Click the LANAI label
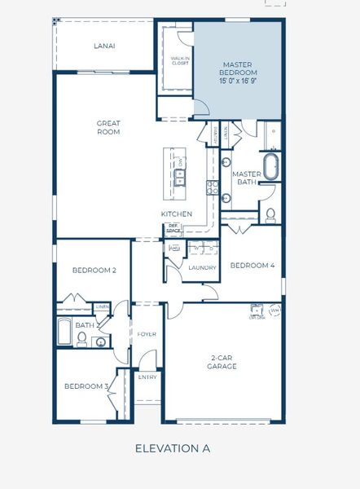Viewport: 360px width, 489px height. coord(103,46)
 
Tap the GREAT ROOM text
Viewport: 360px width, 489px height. coord(108,126)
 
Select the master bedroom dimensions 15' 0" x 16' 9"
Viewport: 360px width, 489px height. coord(238,81)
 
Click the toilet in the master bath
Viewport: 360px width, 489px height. coord(270,214)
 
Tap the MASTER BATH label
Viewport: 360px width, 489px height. coord(246,178)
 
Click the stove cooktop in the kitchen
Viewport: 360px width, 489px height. coord(213,187)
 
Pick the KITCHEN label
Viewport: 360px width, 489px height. coord(176,214)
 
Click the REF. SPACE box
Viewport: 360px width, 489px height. coord(173,231)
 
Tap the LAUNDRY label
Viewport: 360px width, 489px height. coord(201,267)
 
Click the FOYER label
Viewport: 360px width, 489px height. coord(147,334)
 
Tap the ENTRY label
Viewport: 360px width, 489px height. coord(147,377)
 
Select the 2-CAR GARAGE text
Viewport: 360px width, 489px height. coord(221,361)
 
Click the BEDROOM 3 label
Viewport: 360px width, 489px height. coord(86,386)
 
